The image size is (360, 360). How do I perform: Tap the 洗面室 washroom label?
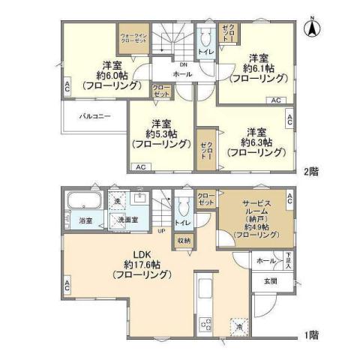pos(132,220)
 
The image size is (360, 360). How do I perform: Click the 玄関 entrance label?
pos(271,281)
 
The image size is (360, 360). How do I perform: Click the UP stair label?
pos(161,230)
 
